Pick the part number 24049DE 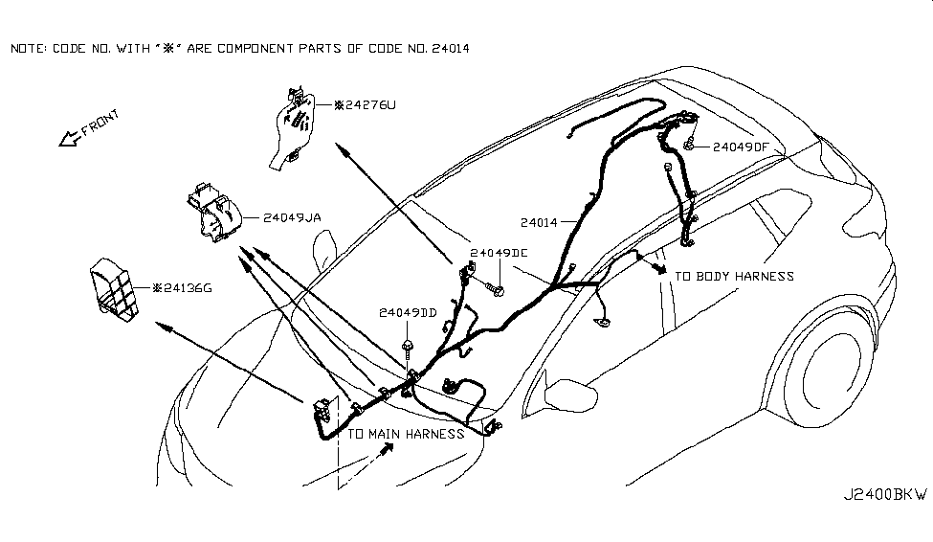499,254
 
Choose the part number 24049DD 409,313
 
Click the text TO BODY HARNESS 734,277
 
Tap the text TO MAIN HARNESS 406,434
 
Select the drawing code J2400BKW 884,496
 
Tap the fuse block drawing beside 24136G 116,285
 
